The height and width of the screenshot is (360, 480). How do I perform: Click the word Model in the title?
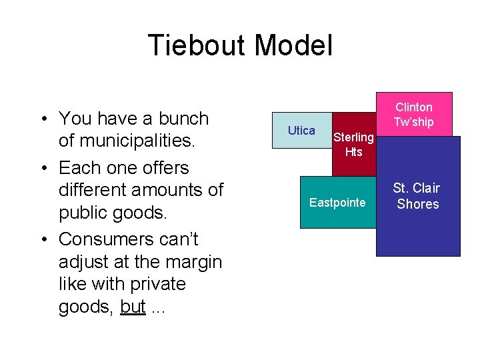point(293,46)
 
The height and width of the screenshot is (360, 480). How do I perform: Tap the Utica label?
point(301,131)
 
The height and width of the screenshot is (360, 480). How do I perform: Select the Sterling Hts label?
point(353,145)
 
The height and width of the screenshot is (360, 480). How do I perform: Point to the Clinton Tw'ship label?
point(413,115)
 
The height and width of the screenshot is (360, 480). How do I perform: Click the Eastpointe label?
point(337,202)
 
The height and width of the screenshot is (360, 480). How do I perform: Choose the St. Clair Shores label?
point(417,196)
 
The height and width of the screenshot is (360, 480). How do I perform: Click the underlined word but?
point(133,307)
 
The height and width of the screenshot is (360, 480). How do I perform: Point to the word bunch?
point(180,119)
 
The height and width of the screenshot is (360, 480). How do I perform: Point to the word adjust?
point(86,261)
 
